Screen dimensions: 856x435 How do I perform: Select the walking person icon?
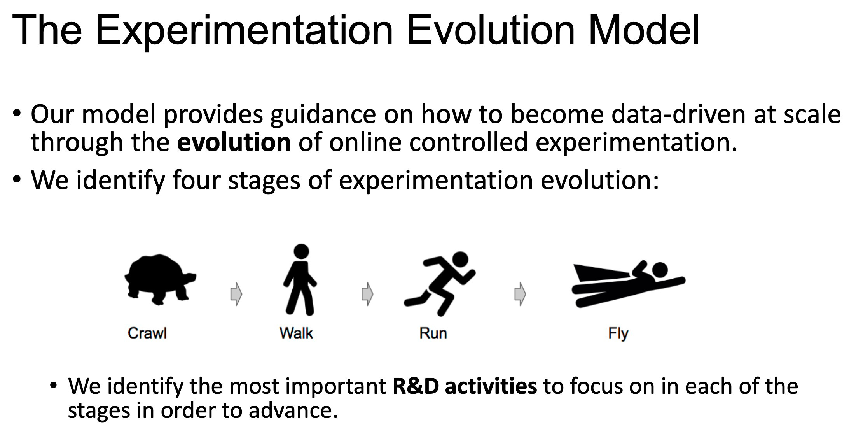300,279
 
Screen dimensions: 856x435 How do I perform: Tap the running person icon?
440,283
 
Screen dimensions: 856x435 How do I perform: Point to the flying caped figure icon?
628,284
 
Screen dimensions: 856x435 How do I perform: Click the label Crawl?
147,333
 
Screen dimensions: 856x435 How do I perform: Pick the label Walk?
296,333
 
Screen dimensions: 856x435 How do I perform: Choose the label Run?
433,333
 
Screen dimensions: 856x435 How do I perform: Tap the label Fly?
618,334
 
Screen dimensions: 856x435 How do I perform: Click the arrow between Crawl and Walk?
236,294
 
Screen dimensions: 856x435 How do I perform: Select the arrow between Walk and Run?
367,294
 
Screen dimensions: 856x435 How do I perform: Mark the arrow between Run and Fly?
520,294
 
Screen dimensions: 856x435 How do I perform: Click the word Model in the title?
644,30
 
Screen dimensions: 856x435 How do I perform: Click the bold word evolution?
234,142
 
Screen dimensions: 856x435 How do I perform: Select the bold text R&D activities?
465,386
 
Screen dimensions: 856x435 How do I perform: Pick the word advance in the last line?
292,410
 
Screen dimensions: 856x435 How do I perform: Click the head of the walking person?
301,251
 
